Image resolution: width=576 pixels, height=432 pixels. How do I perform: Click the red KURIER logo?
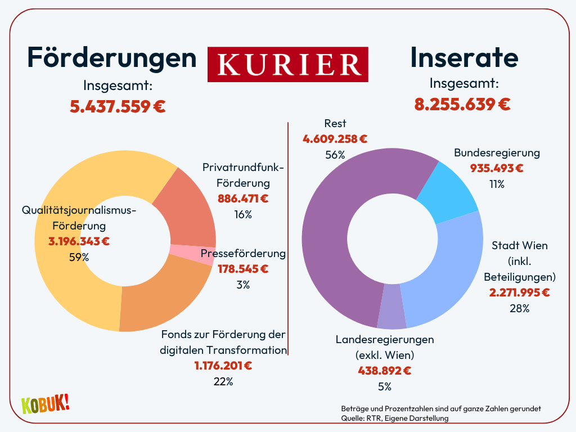[287, 64]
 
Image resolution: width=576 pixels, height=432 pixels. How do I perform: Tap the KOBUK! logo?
[45, 404]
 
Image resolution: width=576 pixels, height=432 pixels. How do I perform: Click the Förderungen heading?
[112, 57]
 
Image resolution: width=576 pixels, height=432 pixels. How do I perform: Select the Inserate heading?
[464, 57]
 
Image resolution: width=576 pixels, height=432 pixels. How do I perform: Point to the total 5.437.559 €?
[118, 106]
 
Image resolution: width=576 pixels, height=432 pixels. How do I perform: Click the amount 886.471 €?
[243, 199]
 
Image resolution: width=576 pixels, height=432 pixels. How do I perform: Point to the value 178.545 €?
[243, 269]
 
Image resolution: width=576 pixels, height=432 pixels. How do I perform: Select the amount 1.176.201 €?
[223, 366]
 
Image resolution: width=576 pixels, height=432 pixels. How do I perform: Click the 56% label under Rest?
[335, 155]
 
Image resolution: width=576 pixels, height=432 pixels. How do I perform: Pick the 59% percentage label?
[79, 257]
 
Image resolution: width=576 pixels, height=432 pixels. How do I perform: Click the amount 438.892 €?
[385, 371]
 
